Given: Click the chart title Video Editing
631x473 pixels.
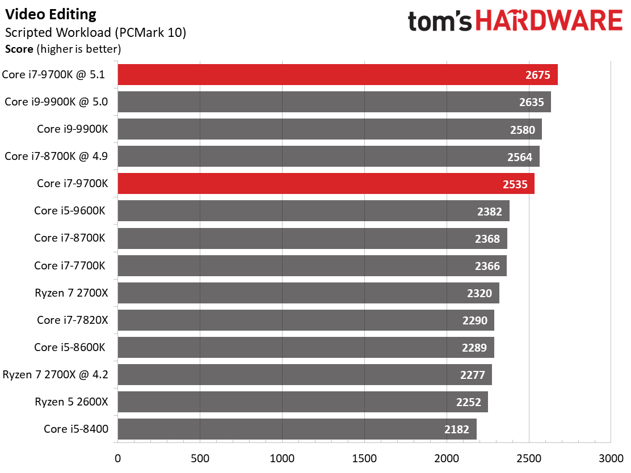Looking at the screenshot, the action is click(51, 15).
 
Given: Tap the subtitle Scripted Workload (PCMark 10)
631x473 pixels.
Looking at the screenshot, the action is click(95, 32).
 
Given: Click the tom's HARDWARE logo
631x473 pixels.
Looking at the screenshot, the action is click(515, 20).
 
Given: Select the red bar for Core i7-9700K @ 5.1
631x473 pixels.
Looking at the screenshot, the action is click(338, 74).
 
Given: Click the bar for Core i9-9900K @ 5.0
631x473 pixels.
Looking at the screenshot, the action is click(334, 102).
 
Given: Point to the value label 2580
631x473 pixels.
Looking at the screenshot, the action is click(523, 130).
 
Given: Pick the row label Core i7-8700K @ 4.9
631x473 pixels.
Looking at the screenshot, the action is click(56, 156).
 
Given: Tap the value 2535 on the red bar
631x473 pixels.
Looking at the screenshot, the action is click(515, 184).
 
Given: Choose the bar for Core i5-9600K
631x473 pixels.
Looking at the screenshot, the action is click(313, 211).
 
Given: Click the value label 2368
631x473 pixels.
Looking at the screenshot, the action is click(487, 239).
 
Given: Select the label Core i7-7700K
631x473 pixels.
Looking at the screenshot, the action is click(70, 265).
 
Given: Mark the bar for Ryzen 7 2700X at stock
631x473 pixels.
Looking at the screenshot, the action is click(308, 293).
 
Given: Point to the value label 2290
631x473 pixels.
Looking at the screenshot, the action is click(474, 320).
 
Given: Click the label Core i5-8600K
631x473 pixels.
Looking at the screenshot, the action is click(70, 347).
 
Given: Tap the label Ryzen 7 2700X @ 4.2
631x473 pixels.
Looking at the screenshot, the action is click(55, 374).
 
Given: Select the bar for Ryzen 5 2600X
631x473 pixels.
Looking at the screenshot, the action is click(302, 402).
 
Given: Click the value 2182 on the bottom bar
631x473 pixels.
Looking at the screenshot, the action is click(456, 429).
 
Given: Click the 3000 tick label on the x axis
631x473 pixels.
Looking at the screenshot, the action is click(611, 458).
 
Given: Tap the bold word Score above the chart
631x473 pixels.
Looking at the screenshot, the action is click(19, 49).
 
